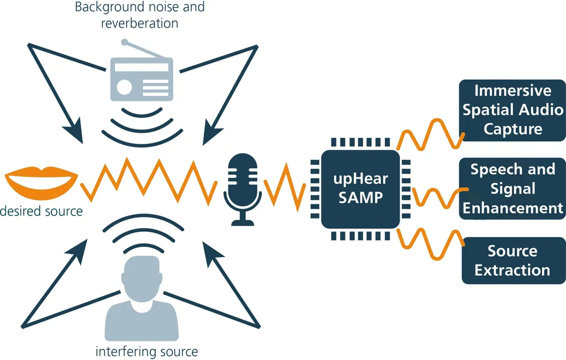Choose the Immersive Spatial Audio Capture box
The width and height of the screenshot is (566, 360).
tap(512, 110)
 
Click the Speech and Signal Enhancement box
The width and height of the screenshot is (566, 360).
tap(512, 189)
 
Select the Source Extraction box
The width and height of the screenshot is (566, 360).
tap(512, 260)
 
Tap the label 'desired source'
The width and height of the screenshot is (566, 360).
tap(41, 211)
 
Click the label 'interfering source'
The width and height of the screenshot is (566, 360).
tap(146, 352)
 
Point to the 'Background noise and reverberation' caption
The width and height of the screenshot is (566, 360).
tap(140, 15)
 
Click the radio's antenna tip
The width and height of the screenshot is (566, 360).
tap(125, 41)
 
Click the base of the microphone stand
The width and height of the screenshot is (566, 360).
tap(243, 222)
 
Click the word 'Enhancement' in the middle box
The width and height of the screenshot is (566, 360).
tap(512, 208)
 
